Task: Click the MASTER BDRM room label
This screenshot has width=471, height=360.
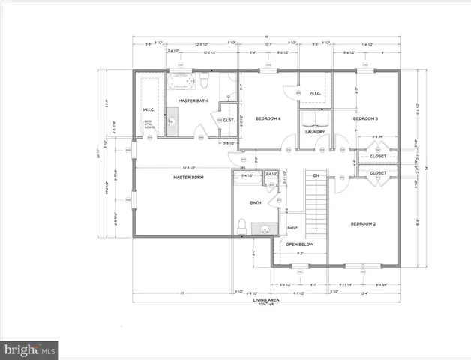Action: (189, 177)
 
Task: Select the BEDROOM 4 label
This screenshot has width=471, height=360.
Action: (268, 119)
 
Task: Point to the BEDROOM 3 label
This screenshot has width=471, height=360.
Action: (364, 119)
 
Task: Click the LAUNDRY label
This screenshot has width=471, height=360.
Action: (314, 133)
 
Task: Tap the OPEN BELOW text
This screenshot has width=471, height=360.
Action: (299, 244)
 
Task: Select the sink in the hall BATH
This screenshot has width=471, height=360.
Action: (263, 229)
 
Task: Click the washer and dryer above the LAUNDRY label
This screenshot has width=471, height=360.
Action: (314, 119)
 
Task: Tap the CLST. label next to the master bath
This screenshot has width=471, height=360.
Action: (229, 120)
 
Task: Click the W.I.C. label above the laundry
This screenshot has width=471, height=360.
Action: (314, 94)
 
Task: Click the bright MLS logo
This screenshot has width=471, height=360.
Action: (30, 349)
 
